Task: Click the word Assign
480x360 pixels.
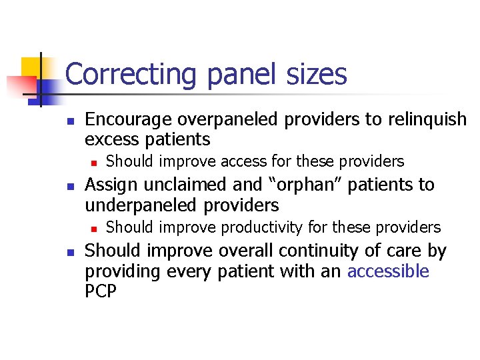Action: pos(110,185)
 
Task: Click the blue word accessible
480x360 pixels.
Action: pos(389,271)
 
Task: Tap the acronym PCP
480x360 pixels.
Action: pos(101,291)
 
